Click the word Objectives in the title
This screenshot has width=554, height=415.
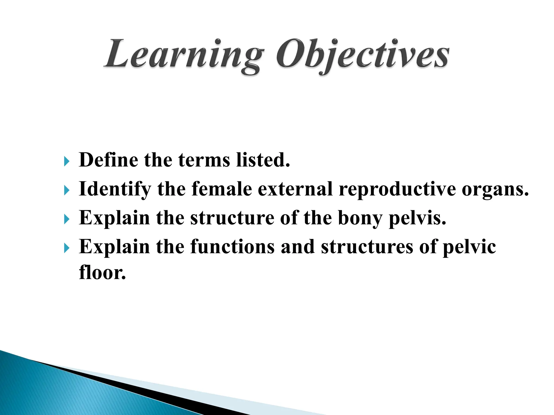tap(362, 55)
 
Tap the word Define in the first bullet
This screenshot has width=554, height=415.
tap(108, 160)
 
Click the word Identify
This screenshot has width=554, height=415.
tap(115, 189)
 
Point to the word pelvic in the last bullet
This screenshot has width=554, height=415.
tap(469, 247)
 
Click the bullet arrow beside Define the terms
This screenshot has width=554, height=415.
tap(67, 162)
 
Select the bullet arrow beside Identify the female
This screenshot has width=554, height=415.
tap(67, 191)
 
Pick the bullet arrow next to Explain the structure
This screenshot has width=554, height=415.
tap(67, 220)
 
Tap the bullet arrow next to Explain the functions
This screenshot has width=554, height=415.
tap(67, 249)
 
